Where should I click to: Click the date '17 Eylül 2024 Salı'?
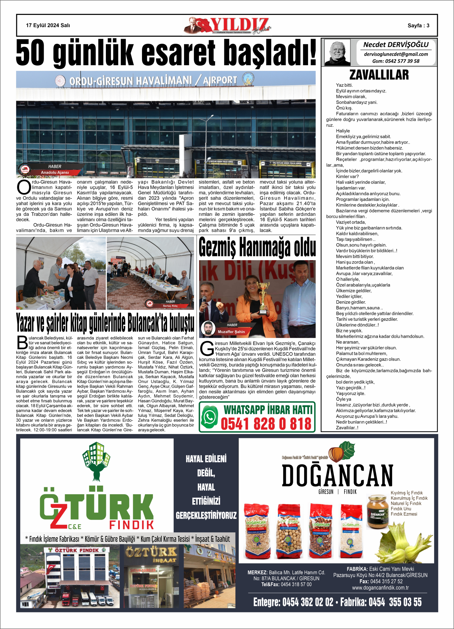click(48, 25)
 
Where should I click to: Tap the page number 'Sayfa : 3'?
click(418, 25)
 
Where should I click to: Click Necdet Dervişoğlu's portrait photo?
click(337, 52)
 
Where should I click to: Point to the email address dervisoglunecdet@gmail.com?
click(396, 54)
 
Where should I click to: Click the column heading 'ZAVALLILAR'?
click(379, 75)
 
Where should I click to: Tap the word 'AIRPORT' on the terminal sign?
click(220, 80)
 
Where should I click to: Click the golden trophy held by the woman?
click(263, 296)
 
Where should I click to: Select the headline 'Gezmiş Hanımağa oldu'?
click(257, 247)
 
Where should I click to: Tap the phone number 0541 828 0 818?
click(266, 424)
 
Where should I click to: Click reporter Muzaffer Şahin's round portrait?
click(208, 329)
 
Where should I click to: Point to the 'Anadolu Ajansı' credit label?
click(55, 172)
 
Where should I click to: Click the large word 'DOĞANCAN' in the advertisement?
click(337, 475)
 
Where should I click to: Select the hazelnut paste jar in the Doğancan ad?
click(377, 511)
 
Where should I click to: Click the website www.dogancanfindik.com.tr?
click(380, 588)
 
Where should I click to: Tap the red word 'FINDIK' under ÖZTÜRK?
click(131, 525)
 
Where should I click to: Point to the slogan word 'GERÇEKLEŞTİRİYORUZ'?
click(206, 515)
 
